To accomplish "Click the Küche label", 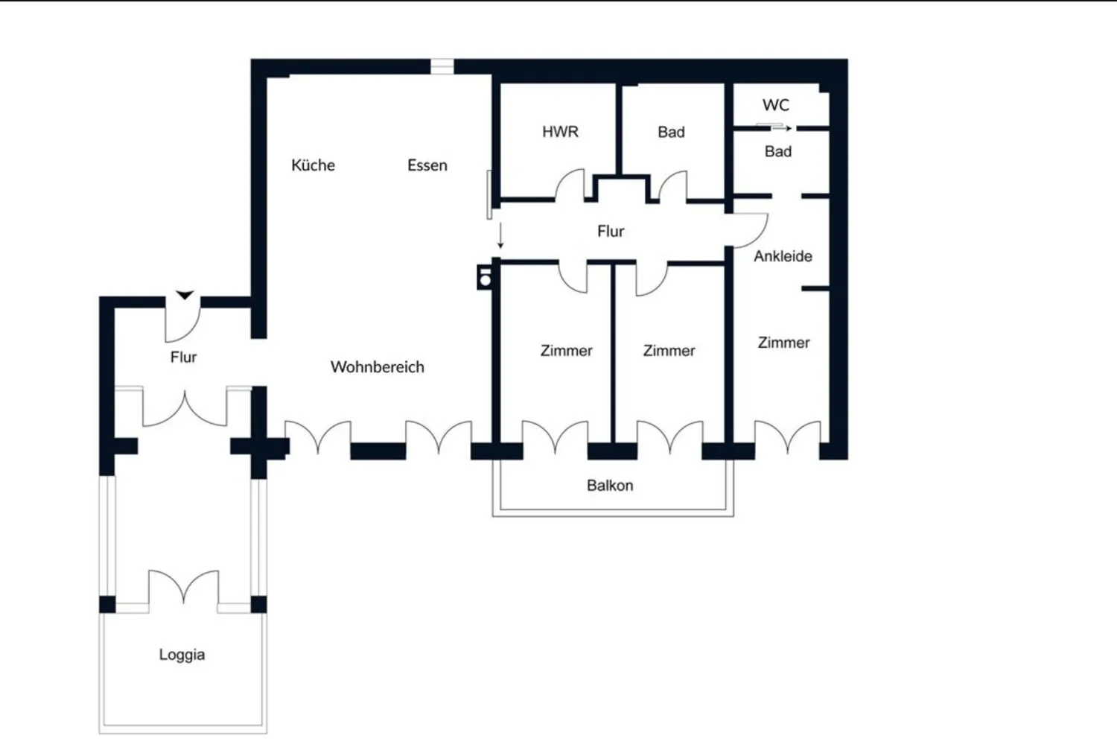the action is [x=314, y=165].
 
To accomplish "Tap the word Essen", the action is [x=427, y=165].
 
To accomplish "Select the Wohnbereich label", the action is [x=378, y=367].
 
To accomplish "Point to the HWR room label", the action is [x=561, y=132].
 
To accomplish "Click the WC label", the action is [x=776, y=105].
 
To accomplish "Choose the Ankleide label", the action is [x=783, y=256].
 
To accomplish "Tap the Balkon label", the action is [x=610, y=485].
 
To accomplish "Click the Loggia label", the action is [x=182, y=655].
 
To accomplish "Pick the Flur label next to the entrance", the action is [x=183, y=357].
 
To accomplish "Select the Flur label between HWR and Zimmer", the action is [x=611, y=232].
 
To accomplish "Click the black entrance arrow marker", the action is [x=185, y=295].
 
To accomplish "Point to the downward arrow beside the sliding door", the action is [x=500, y=235].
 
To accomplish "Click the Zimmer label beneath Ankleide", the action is [x=784, y=343].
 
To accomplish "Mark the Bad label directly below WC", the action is [x=778, y=151].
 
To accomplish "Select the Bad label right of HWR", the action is [x=671, y=132].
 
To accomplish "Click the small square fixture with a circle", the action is [x=485, y=277].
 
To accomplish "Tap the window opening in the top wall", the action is [x=442, y=66].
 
